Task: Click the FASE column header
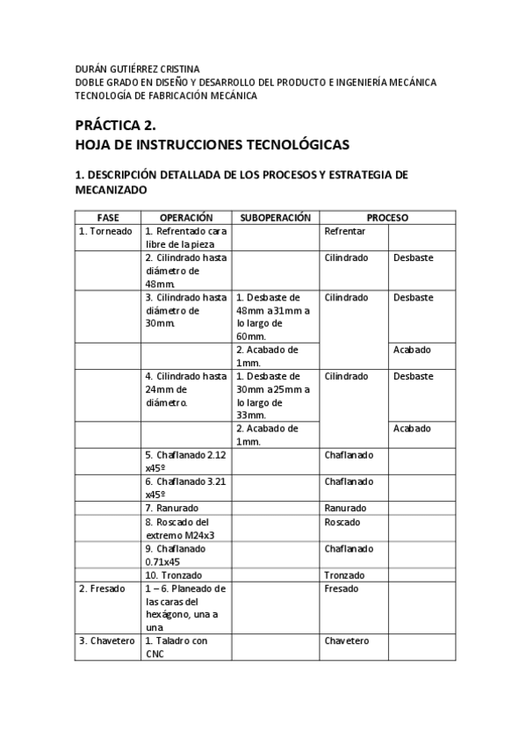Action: tap(109, 217)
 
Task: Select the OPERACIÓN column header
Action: tap(186, 217)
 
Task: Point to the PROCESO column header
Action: tap(386, 217)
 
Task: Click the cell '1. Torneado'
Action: tap(105, 231)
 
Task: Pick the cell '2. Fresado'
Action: tap(103, 589)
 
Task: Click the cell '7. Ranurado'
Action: tap(171, 508)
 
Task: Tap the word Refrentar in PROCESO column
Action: tap(344, 231)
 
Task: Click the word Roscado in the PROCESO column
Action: tap(342, 522)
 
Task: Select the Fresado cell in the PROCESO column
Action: tap(341, 589)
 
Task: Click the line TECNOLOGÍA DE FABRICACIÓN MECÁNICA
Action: tap(166, 96)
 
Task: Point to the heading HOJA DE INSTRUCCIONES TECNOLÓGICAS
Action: tap(212, 145)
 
